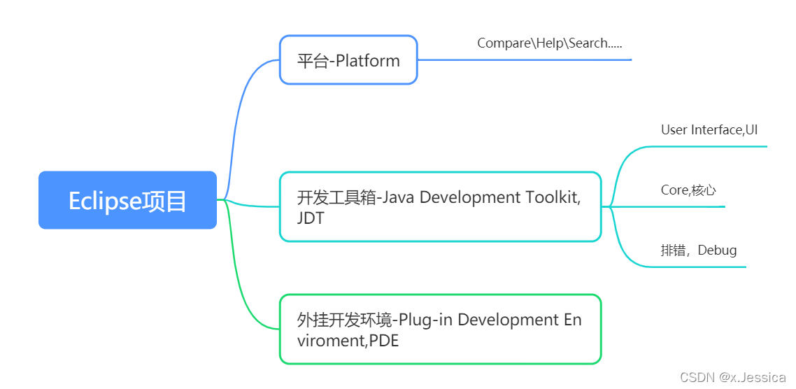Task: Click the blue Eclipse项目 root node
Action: [127, 200]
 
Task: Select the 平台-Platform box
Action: [348, 60]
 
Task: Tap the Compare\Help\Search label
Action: [549, 43]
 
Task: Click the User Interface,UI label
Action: [709, 130]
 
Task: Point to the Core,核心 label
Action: [688, 190]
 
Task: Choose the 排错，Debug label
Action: [698, 250]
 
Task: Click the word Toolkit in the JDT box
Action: [553, 197]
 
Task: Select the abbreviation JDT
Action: [311, 218]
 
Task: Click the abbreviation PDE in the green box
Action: [384, 341]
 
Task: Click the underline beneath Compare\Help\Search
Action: [525, 59]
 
